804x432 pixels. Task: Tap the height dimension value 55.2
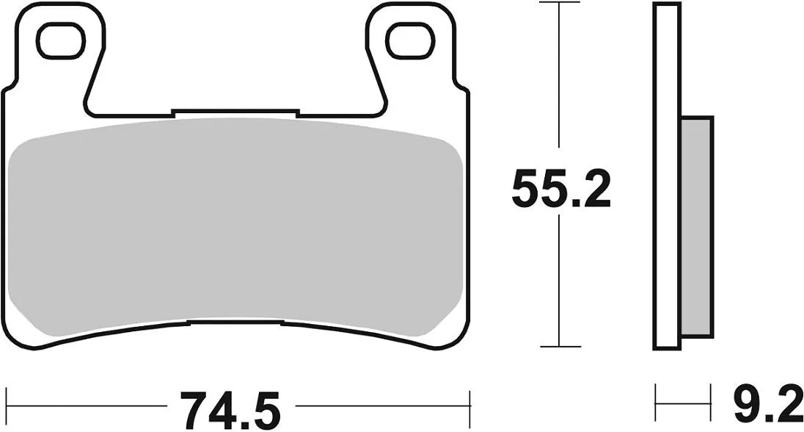(x=560, y=190)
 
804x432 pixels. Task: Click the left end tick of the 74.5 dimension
(x=7, y=403)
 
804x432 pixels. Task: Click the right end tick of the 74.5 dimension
(x=469, y=403)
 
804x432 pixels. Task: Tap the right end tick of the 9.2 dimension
(x=712, y=403)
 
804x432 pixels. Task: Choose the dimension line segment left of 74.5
(x=88, y=403)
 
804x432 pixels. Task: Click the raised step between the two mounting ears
(x=235, y=113)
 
